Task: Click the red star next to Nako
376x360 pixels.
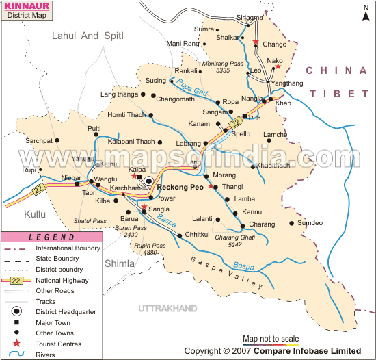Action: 278,67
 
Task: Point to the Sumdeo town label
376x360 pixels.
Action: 309,223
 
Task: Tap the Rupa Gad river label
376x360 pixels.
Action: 191,88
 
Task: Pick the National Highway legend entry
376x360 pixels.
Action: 62,281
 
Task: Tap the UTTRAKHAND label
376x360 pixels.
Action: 167,309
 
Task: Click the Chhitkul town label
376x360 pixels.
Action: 198,235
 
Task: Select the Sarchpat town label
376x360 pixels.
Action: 38,140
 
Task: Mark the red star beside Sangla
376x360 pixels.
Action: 144,206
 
